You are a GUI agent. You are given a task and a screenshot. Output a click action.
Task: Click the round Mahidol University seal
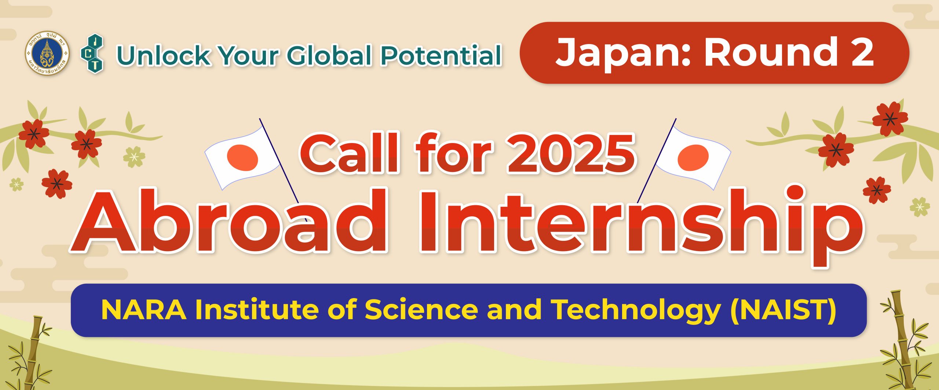(x=47, y=53)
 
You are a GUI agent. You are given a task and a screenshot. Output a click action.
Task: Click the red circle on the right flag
(x=693, y=158)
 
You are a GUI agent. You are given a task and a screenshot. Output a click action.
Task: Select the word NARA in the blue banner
(x=143, y=310)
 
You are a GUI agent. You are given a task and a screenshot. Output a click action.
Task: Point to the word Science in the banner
(x=421, y=310)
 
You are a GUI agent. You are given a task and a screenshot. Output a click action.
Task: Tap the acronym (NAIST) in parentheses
(x=783, y=310)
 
